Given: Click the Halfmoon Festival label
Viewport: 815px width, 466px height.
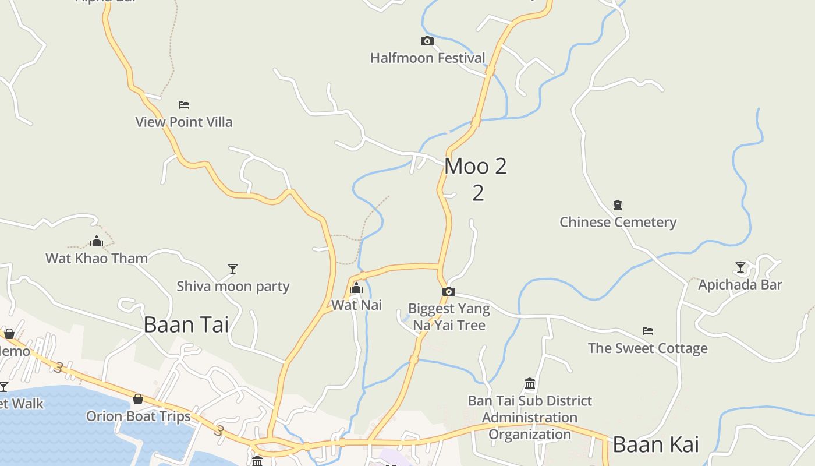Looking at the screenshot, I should [x=427, y=58].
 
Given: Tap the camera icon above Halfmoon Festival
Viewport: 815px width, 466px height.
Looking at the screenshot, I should [x=427, y=41].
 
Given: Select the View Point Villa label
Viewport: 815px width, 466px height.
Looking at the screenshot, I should [x=184, y=122].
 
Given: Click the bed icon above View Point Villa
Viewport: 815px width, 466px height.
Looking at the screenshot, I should [x=184, y=105].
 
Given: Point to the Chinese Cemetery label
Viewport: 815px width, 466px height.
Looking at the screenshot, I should [x=618, y=223].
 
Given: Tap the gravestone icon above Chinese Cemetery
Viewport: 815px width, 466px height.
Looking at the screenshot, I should [x=618, y=205].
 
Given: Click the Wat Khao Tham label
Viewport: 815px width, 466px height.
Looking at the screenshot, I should [x=97, y=258].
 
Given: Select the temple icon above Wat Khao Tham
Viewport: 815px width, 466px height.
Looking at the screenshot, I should [x=97, y=241].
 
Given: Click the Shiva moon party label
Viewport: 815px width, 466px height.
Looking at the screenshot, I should [x=233, y=287].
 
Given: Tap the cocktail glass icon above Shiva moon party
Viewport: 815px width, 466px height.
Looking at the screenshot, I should [x=233, y=269].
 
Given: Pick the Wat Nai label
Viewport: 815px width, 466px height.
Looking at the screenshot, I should [x=356, y=305].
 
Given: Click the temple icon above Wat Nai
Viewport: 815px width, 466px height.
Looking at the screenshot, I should [x=356, y=288].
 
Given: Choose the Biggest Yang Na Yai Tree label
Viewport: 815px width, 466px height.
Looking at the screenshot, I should [x=449, y=317].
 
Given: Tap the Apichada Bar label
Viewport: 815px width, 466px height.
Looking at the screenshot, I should [x=740, y=285].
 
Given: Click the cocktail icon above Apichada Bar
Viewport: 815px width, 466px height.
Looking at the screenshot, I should [x=740, y=267].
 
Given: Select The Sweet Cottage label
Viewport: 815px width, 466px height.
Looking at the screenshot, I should [x=647, y=348].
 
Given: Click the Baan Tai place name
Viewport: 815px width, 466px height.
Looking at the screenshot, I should [x=186, y=325].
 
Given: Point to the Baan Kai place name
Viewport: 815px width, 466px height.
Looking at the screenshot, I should [x=655, y=445].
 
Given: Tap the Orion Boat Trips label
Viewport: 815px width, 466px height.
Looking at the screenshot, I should [x=139, y=416].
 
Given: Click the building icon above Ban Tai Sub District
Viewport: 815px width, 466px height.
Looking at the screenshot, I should [x=530, y=383].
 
